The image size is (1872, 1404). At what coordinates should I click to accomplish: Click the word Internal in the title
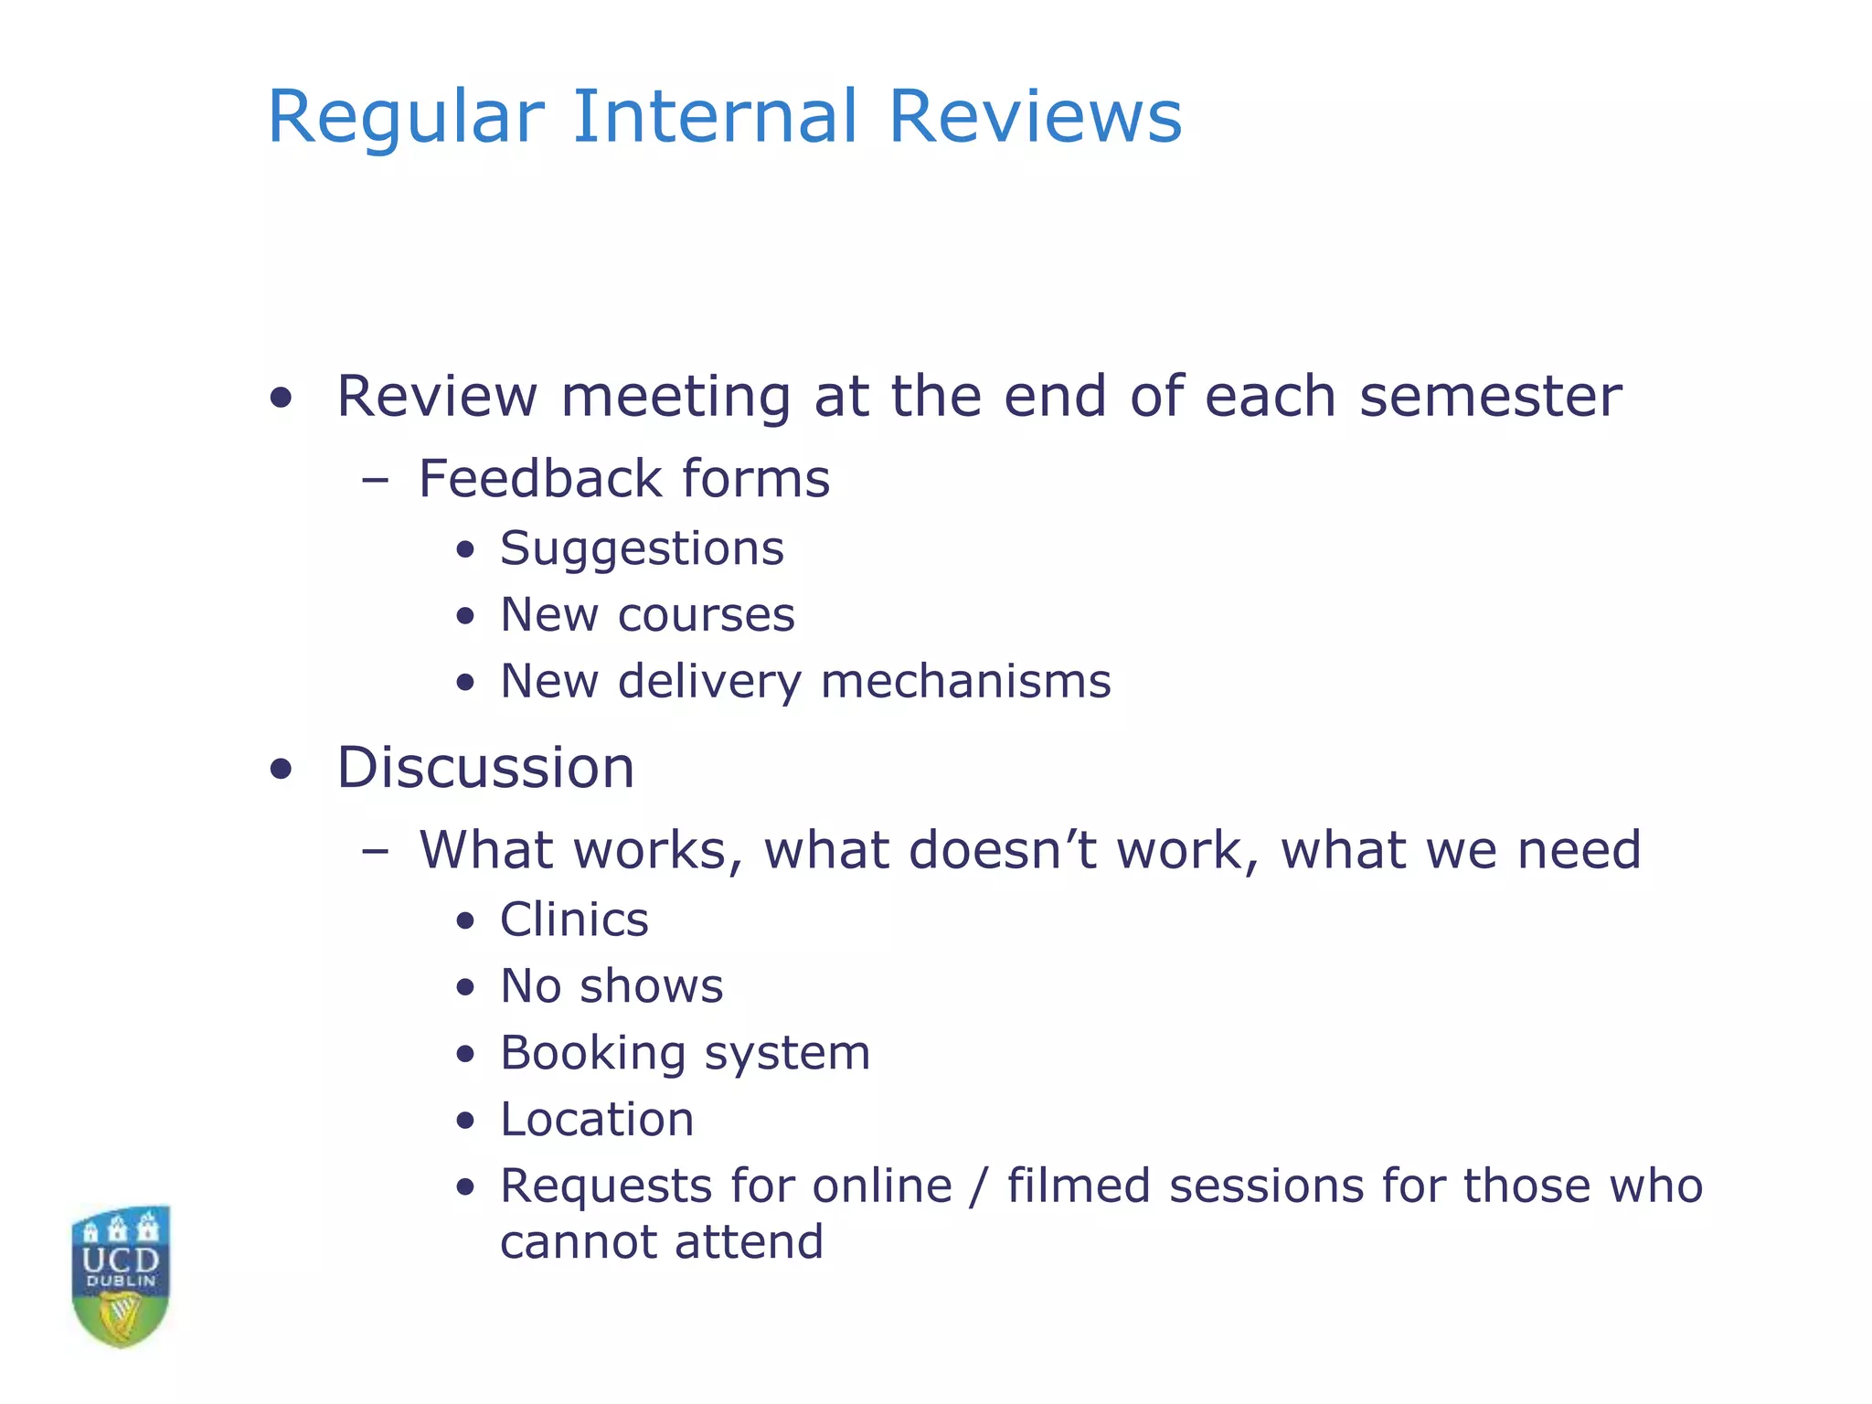coord(715,117)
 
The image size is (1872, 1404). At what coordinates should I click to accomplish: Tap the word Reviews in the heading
coord(1035,117)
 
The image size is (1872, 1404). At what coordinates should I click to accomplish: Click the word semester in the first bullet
coord(1490,398)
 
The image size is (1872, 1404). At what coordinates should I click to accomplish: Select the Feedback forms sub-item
coord(623,479)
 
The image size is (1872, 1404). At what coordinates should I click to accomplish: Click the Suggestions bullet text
coord(642,549)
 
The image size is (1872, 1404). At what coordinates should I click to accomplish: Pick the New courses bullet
coord(647,615)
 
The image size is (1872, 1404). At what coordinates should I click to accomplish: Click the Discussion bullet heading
coord(485,768)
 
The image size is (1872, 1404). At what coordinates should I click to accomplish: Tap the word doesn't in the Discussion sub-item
coord(1003,850)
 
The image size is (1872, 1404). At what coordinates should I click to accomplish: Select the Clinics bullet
coord(574,920)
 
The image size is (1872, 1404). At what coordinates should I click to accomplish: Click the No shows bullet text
coord(612,986)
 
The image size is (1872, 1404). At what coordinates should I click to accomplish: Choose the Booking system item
coord(685,1053)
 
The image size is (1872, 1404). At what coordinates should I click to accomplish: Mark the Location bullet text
coord(597,1120)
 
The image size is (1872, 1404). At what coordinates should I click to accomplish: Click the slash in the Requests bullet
coord(980,1186)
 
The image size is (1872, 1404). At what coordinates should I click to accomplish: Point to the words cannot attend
coord(662,1243)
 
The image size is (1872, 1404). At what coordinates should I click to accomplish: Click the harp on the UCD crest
coord(121,1317)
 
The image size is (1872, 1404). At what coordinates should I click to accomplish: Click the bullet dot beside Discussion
coord(282,769)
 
